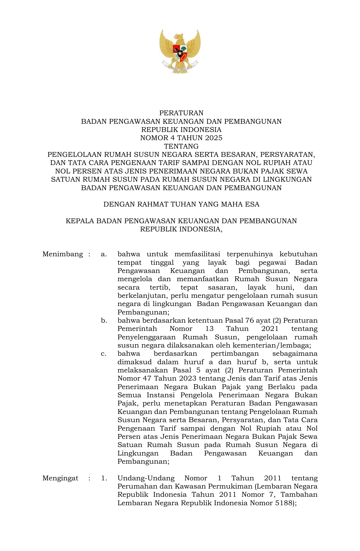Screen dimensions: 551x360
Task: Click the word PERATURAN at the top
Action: tap(181, 113)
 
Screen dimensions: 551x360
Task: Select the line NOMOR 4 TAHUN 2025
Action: tap(181, 138)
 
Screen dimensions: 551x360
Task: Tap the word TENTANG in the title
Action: tap(181, 146)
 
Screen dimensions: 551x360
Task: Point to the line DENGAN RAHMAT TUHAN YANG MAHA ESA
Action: tap(181, 204)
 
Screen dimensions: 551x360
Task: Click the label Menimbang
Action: tap(63, 254)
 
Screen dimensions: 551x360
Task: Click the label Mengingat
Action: tap(60, 478)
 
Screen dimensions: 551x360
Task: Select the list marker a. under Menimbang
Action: tap(104, 254)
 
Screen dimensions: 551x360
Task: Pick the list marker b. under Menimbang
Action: tap(104, 320)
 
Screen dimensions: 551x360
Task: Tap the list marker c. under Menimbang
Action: tap(104, 354)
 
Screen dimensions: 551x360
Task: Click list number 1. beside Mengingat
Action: tap(104, 478)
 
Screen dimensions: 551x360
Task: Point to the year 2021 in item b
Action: tap(270, 329)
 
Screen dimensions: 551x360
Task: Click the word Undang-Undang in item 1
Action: tap(146, 478)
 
